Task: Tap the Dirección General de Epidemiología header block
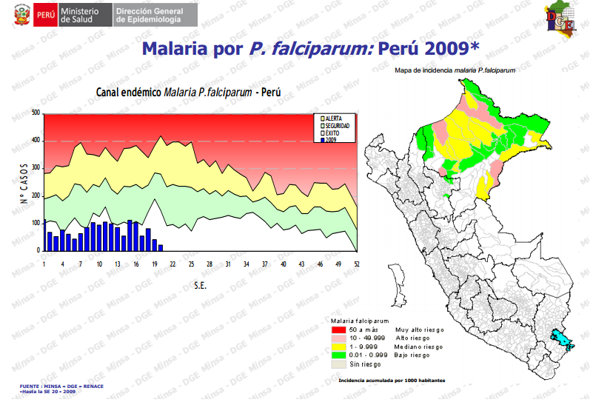152,14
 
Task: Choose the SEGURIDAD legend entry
338,126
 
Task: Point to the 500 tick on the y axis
36,113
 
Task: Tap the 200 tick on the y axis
36,195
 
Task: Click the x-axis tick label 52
357,264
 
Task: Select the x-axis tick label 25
191,264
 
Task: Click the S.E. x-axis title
200,285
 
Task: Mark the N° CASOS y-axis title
24,183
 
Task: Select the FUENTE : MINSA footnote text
62,387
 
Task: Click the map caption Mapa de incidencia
455,70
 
